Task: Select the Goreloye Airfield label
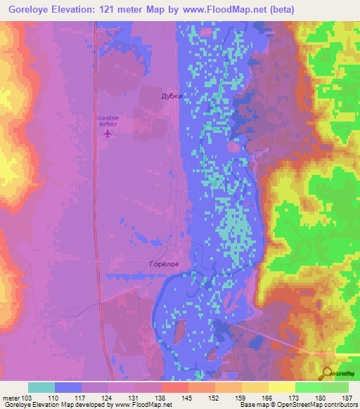107,121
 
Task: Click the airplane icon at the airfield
107,134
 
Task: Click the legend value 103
27,397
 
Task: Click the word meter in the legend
10,397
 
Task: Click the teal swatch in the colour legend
41,387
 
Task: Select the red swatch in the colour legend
174,387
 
